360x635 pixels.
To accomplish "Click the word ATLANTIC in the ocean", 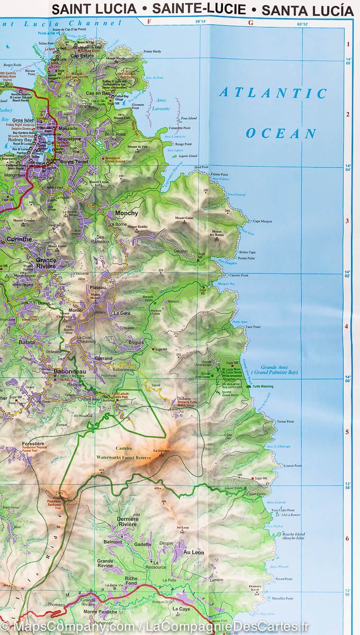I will point(273,93).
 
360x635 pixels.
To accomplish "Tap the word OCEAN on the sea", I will point(281,133).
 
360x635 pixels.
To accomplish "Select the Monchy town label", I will point(127,213).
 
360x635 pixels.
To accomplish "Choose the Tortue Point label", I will point(285,422).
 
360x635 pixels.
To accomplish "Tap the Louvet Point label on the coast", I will point(292,466).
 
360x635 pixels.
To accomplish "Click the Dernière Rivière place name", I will point(128,522).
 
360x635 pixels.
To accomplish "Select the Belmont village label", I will point(113,542).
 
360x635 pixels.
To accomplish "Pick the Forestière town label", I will point(32,444).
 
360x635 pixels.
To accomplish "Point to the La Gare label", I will point(122,313).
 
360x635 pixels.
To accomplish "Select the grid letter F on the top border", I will point(149,22).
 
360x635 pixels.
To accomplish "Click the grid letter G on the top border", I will point(250,22).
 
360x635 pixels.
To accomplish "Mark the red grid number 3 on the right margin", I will point(348,221).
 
